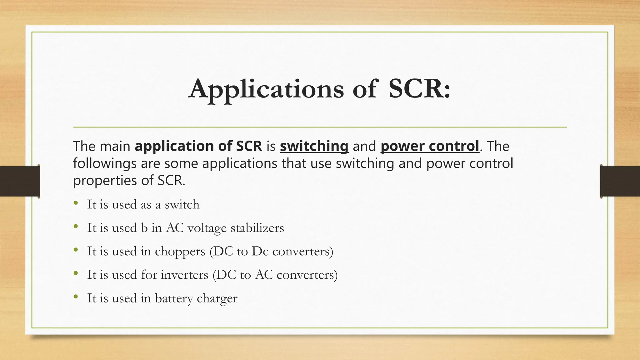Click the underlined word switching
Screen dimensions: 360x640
point(314,146)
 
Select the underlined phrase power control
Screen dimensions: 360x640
point(430,146)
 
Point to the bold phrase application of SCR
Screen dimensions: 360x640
point(198,146)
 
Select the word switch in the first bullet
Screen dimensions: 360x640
point(182,205)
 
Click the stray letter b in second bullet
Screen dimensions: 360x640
point(144,228)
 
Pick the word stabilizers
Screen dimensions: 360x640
point(257,228)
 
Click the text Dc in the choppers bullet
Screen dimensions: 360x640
point(260,251)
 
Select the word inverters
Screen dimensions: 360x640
point(184,275)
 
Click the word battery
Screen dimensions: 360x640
point(174,298)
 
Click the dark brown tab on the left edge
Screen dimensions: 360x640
point(20,181)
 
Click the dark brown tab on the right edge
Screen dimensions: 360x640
point(620,181)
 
